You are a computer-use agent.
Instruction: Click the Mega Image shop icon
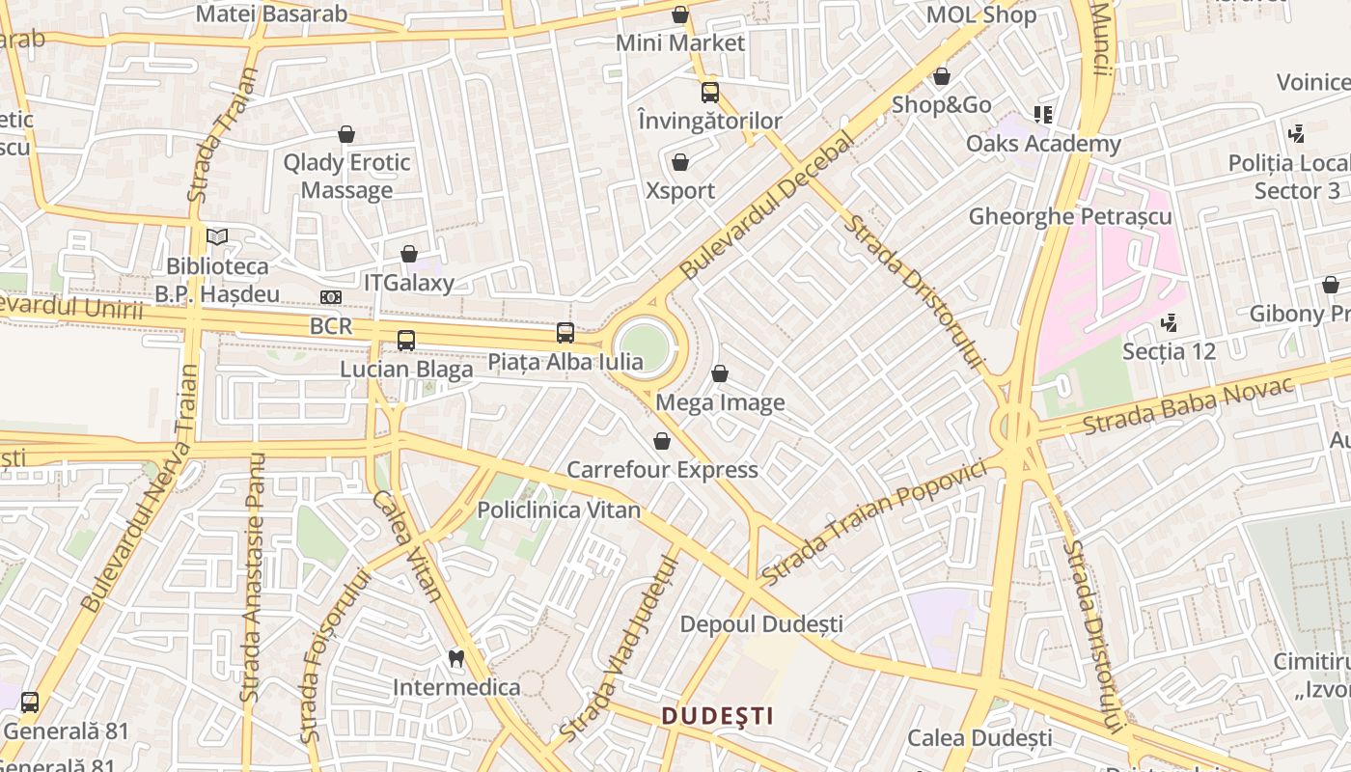point(720,373)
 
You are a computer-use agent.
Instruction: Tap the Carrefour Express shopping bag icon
point(662,441)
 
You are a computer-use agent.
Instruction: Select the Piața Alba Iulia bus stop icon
point(565,333)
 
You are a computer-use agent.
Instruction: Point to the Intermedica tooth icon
point(456,659)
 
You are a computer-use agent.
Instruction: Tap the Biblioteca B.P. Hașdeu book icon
point(217,236)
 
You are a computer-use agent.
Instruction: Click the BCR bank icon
point(331,297)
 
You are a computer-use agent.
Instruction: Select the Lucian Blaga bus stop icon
point(406,340)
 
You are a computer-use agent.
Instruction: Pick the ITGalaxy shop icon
point(409,254)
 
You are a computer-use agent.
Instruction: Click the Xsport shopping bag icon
point(680,161)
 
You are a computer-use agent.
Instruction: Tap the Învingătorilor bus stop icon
point(710,93)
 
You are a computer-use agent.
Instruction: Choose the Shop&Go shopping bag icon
point(942,76)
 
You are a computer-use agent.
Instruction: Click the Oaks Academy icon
point(1042,115)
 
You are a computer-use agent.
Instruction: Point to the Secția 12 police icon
point(1170,322)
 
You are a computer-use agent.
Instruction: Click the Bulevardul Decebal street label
point(767,207)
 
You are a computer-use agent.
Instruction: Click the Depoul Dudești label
point(761,624)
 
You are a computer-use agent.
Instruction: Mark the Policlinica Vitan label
point(559,510)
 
